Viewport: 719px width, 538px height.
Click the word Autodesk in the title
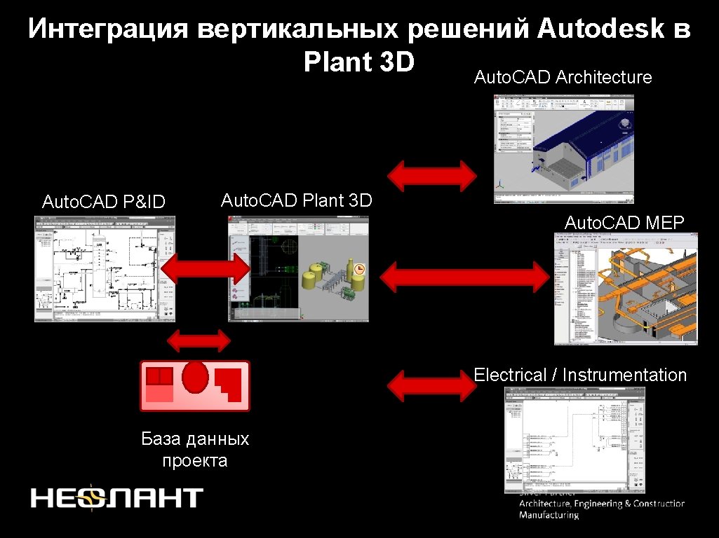(x=603, y=29)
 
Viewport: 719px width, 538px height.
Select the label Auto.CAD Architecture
(x=563, y=77)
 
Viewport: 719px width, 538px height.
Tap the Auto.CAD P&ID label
(x=104, y=202)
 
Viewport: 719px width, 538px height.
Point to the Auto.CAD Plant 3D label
(x=296, y=200)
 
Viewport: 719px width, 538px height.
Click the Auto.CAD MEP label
(x=624, y=223)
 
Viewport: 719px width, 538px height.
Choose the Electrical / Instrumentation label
(x=580, y=375)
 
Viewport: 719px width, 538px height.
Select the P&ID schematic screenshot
(x=105, y=268)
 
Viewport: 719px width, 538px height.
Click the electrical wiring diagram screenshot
(x=574, y=439)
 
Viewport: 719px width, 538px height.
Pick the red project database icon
(x=194, y=385)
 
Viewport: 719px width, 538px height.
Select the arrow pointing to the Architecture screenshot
(x=432, y=175)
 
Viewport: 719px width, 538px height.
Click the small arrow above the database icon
(x=199, y=341)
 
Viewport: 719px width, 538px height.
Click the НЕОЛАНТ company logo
(x=116, y=497)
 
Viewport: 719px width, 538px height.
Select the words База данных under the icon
(x=195, y=439)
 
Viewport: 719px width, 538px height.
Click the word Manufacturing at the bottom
(x=549, y=516)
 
